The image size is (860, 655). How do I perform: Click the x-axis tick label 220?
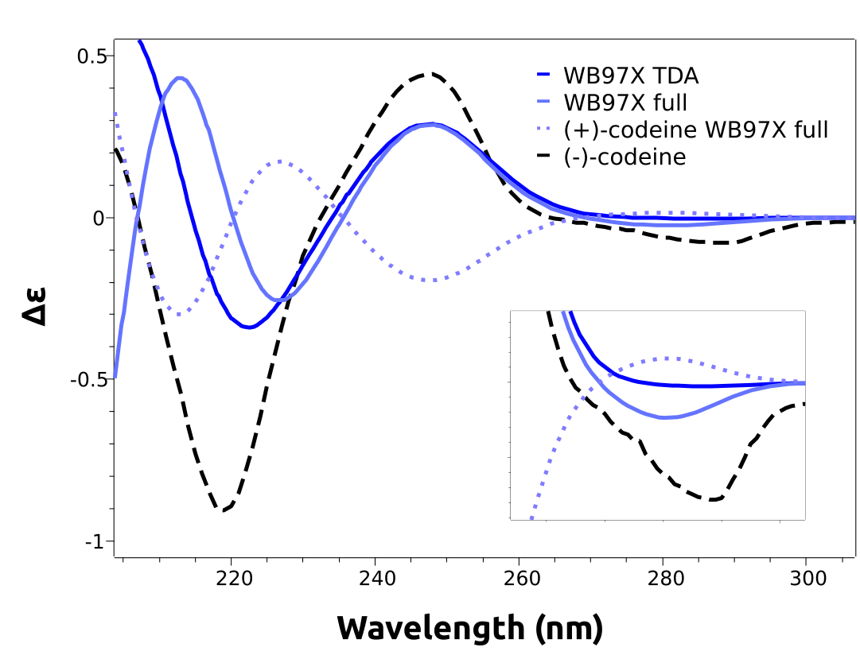click(x=232, y=579)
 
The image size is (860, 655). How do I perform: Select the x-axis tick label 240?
click(x=376, y=579)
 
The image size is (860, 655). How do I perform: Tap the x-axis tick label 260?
click(x=520, y=579)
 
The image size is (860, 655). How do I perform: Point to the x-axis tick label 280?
click(x=663, y=579)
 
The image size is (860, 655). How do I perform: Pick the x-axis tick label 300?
click(x=807, y=579)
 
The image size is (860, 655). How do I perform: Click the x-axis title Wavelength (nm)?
click(x=470, y=627)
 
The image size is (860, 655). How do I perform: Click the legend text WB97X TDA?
click(x=631, y=76)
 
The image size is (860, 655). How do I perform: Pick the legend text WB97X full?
click(x=625, y=103)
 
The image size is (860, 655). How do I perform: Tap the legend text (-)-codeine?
click(x=625, y=157)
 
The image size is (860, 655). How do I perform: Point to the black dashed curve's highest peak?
click(x=430, y=74)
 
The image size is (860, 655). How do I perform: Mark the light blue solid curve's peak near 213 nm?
click(x=181, y=78)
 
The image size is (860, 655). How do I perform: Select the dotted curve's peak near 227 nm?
click(x=281, y=161)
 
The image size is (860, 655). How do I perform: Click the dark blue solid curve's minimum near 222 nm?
click(x=249, y=327)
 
